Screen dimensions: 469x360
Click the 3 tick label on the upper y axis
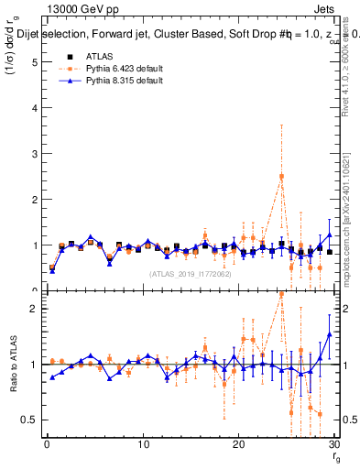33,154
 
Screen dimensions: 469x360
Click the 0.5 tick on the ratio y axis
28,420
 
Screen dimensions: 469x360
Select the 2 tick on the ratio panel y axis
33,309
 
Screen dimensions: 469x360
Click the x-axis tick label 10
143,446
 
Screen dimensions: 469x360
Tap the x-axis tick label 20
239,446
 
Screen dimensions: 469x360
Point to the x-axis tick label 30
334,446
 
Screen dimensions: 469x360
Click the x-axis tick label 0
47,446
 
